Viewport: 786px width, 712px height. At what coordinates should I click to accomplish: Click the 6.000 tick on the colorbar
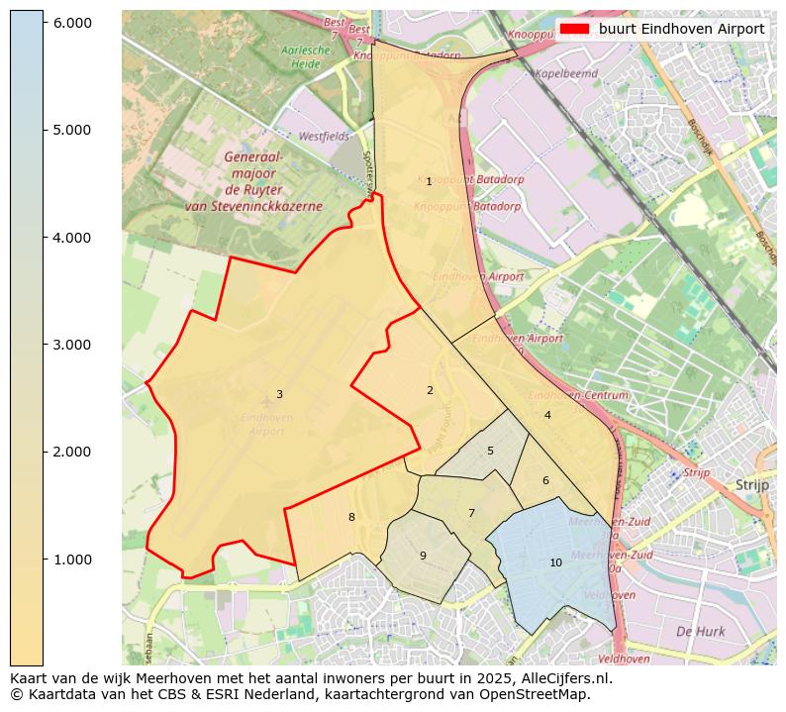pos(44,23)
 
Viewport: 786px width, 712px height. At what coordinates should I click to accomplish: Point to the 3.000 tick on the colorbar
pos(44,345)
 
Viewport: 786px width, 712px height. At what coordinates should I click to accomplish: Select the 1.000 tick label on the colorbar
pos(70,559)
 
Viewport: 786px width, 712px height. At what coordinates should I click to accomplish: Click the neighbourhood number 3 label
pos(279,395)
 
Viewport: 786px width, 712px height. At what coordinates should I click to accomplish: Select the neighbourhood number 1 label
pos(429,182)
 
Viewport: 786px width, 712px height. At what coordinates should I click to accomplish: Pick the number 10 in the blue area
pos(555,563)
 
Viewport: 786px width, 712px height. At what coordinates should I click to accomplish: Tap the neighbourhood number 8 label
pos(351,518)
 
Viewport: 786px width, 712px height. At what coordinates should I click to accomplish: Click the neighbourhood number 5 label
pos(490,452)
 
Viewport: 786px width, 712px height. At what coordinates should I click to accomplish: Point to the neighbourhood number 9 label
pos(423,557)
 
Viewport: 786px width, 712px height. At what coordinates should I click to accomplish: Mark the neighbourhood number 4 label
pos(547,416)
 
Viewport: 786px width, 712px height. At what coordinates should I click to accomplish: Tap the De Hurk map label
pos(700,632)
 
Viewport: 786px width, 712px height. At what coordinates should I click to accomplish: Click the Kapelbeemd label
pos(565,73)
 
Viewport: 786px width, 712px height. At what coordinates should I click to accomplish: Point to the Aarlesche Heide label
pos(300,56)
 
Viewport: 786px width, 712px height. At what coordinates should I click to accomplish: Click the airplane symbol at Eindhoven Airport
pos(266,401)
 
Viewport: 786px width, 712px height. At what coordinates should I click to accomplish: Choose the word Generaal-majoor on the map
pos(253,164)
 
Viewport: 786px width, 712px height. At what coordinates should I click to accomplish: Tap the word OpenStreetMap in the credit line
pos(540,694)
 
